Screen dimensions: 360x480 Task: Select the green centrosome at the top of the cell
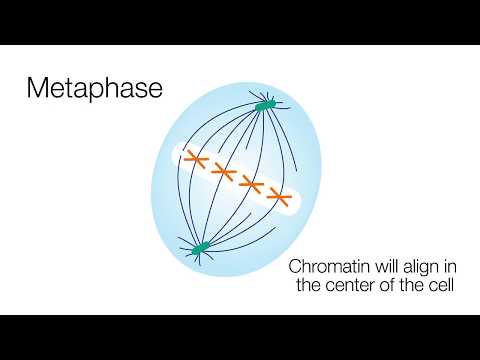pos(265,104)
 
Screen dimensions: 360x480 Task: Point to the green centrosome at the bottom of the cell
pos(200,246)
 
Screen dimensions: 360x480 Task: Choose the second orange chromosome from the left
pos(222,174)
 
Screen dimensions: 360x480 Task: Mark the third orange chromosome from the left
pos(250,186)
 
